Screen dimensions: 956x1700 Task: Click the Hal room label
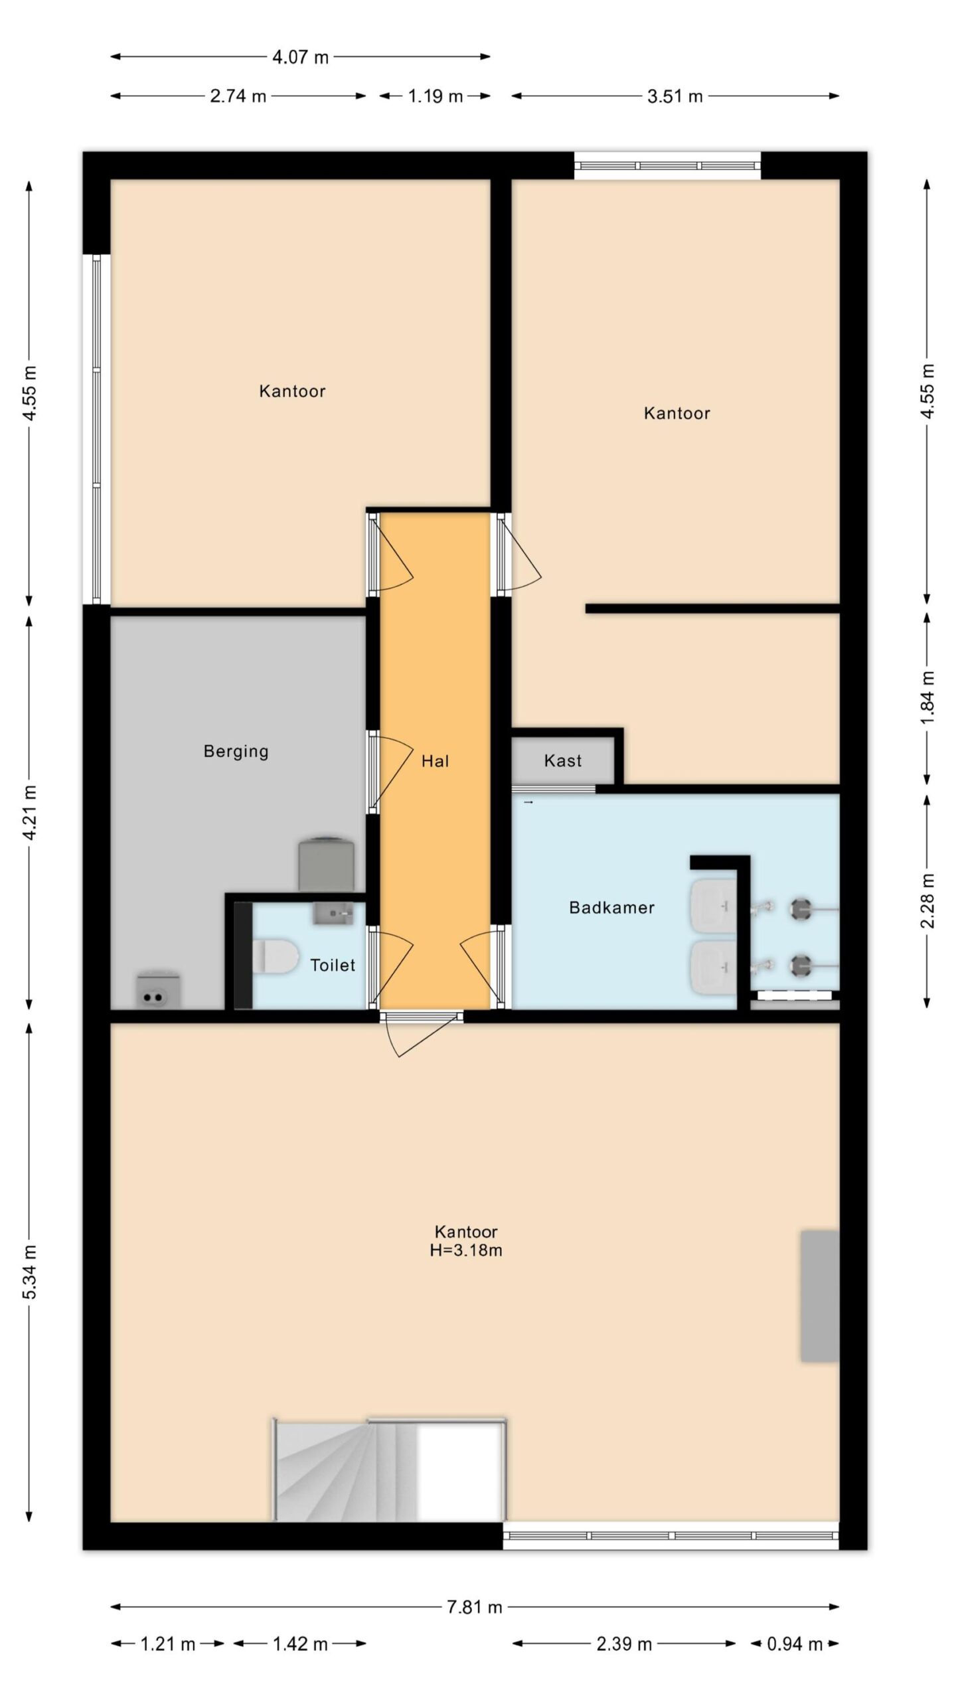(435, 761)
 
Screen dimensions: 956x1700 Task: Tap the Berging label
(236, 752)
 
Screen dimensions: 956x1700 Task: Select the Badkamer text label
(611, 907)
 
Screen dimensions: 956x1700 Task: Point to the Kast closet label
(562, 760)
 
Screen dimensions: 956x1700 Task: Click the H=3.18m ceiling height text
(465, 1250)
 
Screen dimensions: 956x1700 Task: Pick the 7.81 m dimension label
(475, 1607)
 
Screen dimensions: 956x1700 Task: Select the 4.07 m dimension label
(300, 57)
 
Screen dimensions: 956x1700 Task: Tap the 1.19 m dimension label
(435, 96)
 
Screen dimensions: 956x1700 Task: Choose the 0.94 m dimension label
(795, 1644)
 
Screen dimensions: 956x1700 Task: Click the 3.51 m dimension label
(675, 96)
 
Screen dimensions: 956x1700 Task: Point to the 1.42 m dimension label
(300, 1644)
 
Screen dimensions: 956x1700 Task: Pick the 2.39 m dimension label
(623, 1644)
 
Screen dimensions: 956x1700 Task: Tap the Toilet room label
(333, 965)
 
